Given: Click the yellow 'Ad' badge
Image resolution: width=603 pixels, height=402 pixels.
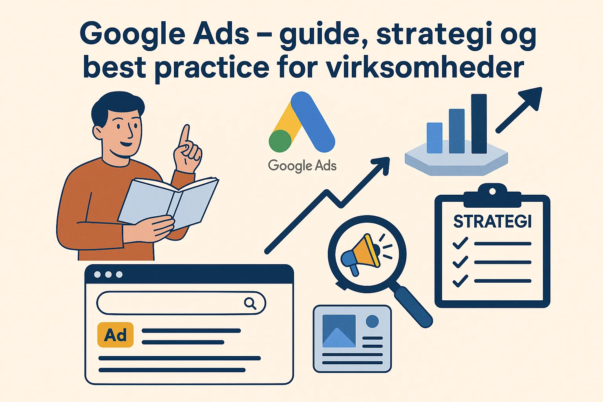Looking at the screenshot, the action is [x=115, y=335].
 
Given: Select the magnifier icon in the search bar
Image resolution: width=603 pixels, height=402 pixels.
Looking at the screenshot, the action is [x=250, y=303].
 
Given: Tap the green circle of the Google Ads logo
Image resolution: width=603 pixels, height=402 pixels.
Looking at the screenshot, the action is [x=280, y=141].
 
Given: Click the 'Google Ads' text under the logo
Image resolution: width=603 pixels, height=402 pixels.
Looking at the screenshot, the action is [x=302, y=166].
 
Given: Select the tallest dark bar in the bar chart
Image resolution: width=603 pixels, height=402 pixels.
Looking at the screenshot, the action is [x=479, y=124].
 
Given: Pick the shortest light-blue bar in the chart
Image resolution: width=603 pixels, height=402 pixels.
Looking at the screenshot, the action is [x=435, y=138].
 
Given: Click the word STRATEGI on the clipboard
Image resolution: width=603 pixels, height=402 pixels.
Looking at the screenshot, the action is [x=492, y=221].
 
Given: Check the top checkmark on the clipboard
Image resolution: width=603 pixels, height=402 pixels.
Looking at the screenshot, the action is [x=460, y=243].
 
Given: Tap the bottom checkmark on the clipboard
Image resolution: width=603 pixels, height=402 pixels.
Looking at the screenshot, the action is [x=460, y=281].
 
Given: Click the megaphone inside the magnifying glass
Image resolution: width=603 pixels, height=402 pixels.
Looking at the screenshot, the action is [x=361, y=254].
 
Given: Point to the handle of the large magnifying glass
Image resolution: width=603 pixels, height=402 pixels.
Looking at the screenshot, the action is [x=413, y=307].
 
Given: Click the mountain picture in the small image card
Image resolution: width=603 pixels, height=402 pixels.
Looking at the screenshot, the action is [x=339, y=331].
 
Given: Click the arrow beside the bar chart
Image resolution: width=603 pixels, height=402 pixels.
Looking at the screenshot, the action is [x=519, y=110].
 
